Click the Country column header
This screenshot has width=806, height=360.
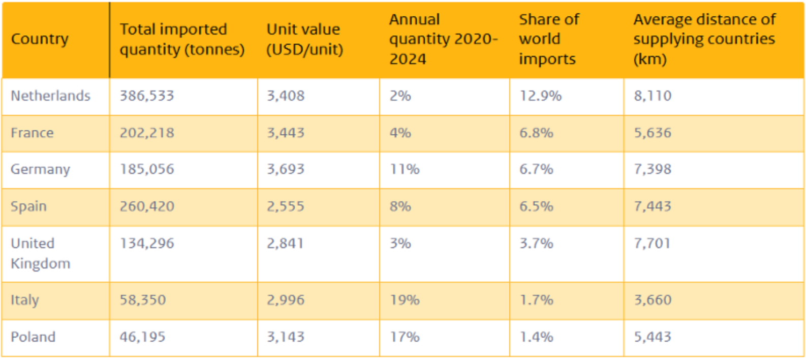click(x=40, y=39)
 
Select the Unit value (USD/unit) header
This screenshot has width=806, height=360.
click(x=304, y=39)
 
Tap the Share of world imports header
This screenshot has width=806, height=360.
click(x=549, y=39)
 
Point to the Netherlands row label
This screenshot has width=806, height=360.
click(x=50, y=96)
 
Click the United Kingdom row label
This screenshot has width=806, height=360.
click(x=40, y=253)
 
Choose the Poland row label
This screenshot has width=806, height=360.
click(x=33, y=337)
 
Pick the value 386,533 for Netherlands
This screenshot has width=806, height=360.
click(x=147, y=96)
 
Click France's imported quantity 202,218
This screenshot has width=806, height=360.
click(x=147, y=133)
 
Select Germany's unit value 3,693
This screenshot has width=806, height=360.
click(x=286, y=169)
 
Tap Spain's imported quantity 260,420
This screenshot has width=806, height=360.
click(x=147, y=206)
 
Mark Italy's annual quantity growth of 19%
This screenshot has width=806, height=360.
click(x=405, y=300)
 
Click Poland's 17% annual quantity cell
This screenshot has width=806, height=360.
click(x=405, y=337)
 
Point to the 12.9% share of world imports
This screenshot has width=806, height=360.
click(x=540, y=96)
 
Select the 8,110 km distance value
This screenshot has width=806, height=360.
click(x=653, y=96)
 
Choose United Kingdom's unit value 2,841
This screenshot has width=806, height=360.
click(x=285, y=244)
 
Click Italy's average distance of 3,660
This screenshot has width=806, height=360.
click(x=653, y=300)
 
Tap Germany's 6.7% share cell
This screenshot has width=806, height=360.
click(x=536, y=169)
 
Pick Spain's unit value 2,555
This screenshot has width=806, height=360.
click(x=286, y=206)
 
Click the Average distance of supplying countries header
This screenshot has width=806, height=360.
click(x=704, y=39)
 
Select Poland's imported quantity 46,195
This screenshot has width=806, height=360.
click(x=142, y=337)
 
